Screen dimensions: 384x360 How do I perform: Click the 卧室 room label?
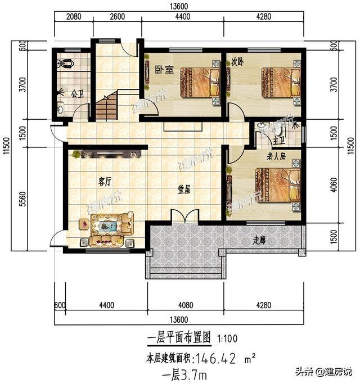point(164,70)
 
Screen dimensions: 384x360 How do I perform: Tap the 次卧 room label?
point(236,63)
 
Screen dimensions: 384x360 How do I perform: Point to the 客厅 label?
point(105,182)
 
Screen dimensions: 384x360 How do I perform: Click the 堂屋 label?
point(184,190)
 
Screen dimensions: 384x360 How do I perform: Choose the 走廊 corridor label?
point(259,240)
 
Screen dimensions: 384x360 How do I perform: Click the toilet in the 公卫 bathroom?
point(66,63)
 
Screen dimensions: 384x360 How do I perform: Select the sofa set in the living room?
point(107,229)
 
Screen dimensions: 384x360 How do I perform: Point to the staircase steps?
point(105,107)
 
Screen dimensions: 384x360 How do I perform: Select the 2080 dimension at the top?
point(74,16)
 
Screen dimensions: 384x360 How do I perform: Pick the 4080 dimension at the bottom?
point(186,305)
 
